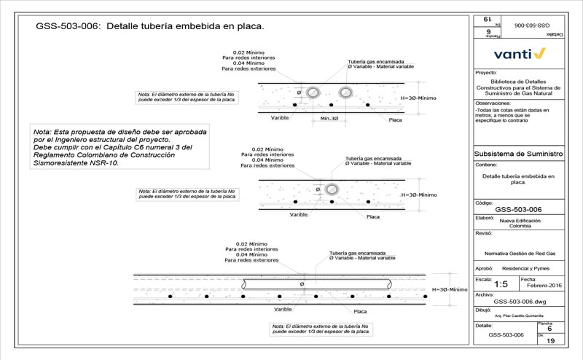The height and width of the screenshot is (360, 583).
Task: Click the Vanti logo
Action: [x=519, y=53]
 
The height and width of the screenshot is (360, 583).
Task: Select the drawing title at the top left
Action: [x=149, y=26]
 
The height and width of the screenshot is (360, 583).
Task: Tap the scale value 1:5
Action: [x=501, y=284]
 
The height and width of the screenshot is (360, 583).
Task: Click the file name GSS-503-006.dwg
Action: [x=519, y=301]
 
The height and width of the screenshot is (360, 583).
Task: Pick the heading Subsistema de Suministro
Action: [x=518, y=154]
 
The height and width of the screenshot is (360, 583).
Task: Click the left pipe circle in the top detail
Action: [x=313, y=93]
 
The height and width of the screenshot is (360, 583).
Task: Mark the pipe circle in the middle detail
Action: [x=332, y=188]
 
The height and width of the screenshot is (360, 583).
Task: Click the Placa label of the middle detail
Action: [x=372, y=216]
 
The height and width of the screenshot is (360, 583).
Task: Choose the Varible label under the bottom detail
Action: [x=273, y=309]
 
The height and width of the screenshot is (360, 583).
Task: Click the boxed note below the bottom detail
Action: [x=321, y=329]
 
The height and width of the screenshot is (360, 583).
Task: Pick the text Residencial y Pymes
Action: [x=530, y=269]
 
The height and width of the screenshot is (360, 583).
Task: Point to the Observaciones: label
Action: [x=493, y=103]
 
